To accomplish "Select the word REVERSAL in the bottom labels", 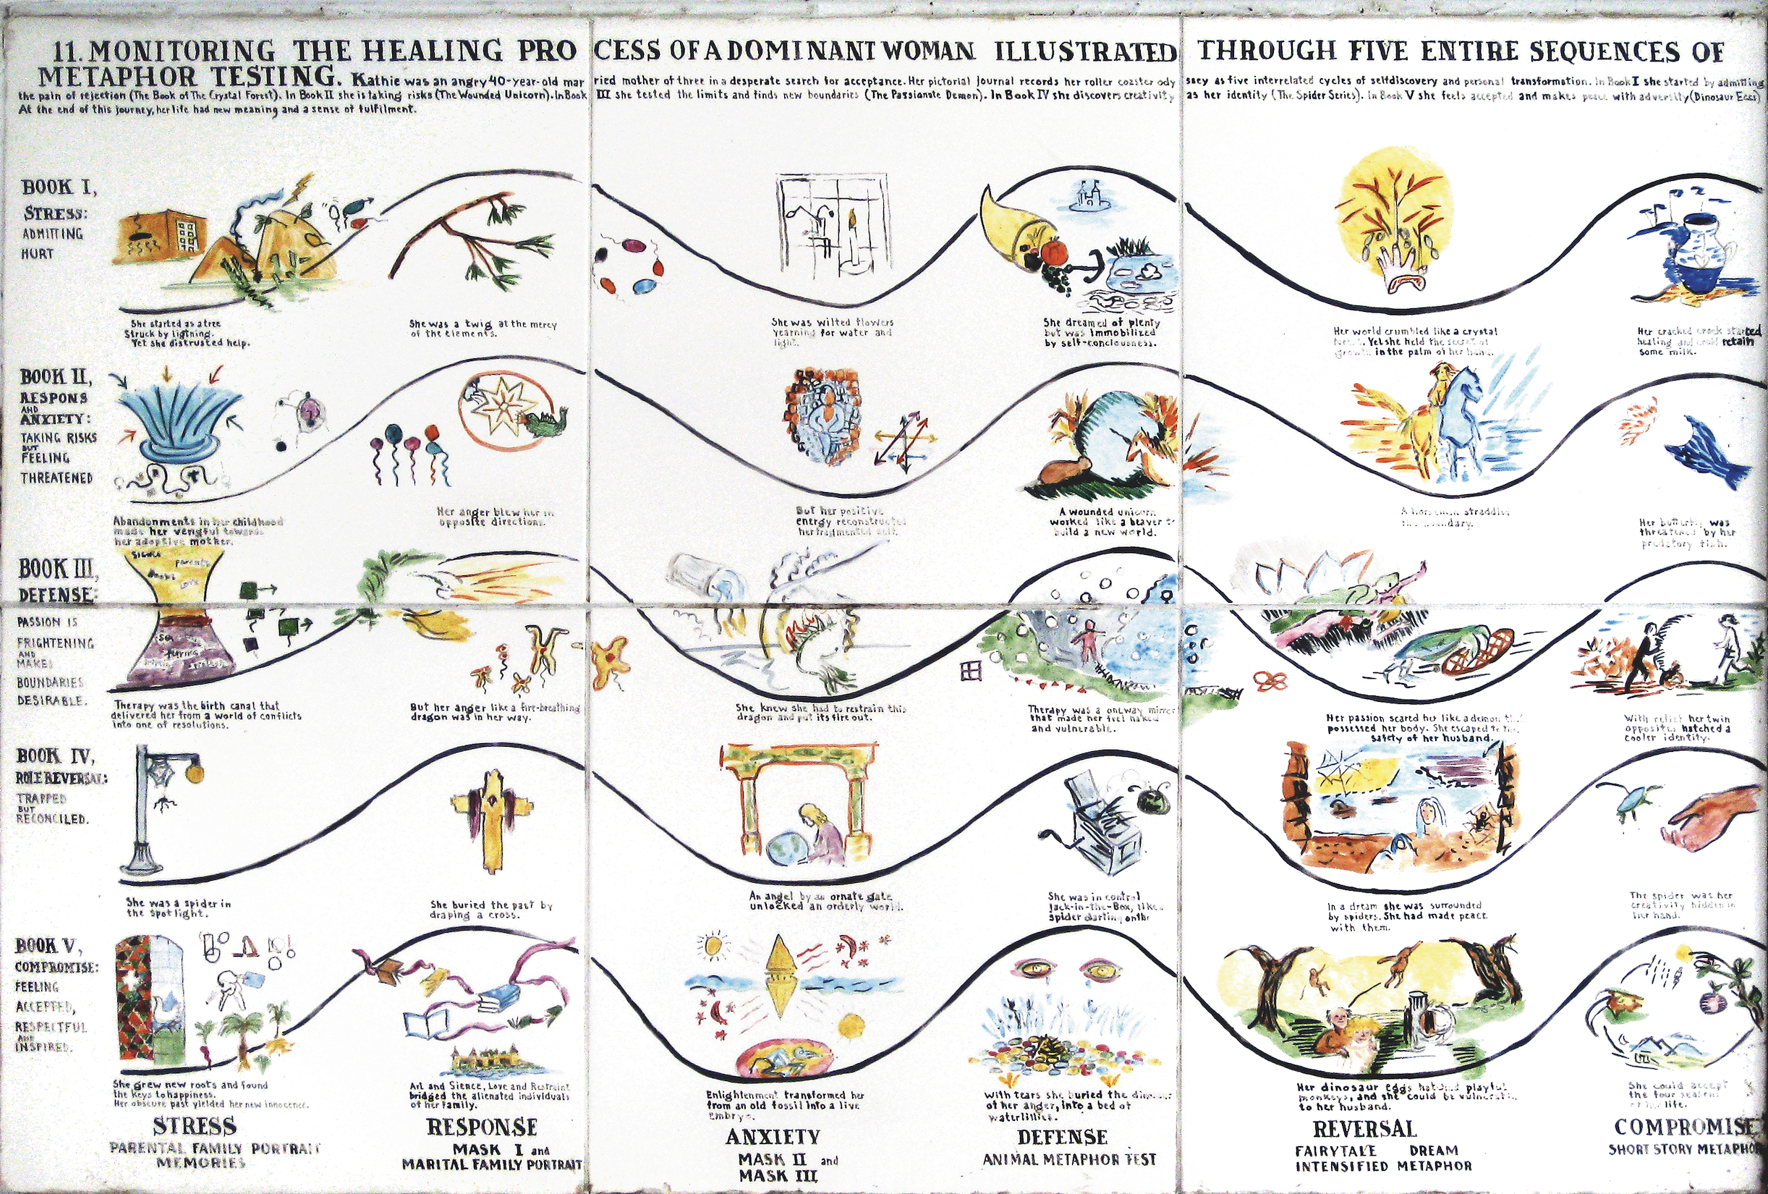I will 1365,1129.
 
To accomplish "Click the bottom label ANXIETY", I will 772,1137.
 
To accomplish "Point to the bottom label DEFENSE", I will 1062,1137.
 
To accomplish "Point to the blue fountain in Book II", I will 179,426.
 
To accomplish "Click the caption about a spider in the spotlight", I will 179,908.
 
